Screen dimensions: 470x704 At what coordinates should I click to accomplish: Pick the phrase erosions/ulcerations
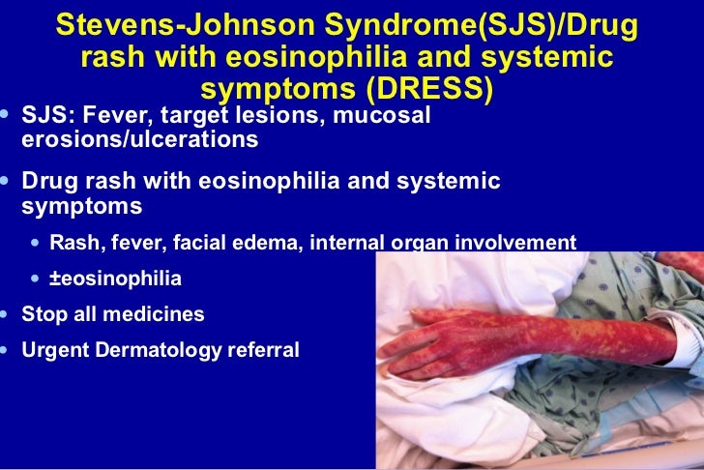[x=139, y=139]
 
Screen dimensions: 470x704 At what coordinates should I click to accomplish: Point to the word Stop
[x=43, y=313]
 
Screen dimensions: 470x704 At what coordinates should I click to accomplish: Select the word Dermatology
[x=161, y=349]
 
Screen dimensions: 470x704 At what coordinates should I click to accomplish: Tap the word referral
[x=264, y=349]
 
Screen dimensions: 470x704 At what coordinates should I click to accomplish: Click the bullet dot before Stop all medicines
[x=8, y=313]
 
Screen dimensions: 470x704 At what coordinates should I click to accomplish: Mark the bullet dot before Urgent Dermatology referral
[x=8, y=349]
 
